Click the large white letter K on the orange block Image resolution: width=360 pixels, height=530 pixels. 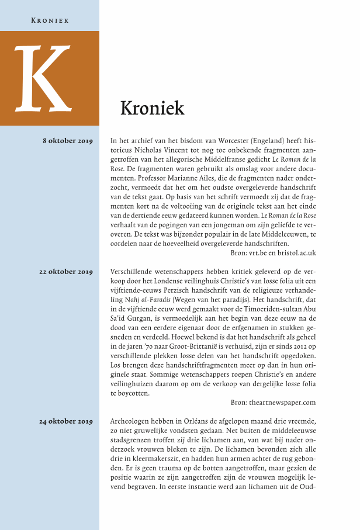pyautogui.click(x=41, y=78)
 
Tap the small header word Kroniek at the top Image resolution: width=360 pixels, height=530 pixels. pyautogui.click(x=50, y=20)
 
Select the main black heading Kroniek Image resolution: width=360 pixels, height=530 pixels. pyautogui.click(x=152, y=108)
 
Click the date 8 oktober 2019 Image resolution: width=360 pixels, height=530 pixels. pyautogui.click(x=68, y=141)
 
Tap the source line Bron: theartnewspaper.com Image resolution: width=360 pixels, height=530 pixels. pyautogui.click(x=274, y=402)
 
